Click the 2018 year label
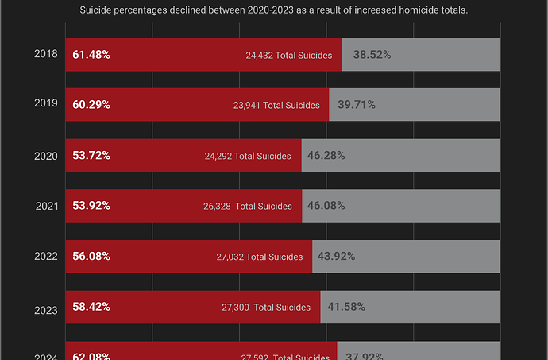(45, 55)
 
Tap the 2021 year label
(45, 206)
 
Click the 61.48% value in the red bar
(91, 55)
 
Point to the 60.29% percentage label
(91, 105)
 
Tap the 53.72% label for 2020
(91, 156)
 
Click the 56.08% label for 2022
(91, 257)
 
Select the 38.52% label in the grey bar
(372, 55)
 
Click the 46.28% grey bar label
(326, 156)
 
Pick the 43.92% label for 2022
(336, 257)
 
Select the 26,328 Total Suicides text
(248, 207)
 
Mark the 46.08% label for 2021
(326, 206)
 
